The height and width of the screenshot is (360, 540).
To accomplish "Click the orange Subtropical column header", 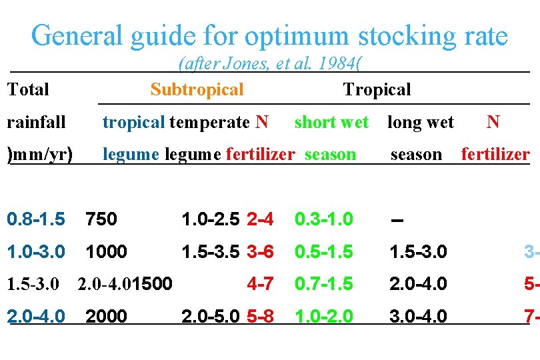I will click(197, 89).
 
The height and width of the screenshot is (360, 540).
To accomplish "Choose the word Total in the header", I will click(28, 89).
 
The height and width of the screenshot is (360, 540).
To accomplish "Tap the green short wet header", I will click(331, 122).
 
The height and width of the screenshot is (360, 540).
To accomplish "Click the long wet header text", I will click(421, 122).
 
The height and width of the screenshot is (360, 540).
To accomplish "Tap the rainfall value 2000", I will click(106, 315).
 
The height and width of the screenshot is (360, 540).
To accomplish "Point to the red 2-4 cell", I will click(260, 219).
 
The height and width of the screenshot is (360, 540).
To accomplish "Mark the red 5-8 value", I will click(260, 315).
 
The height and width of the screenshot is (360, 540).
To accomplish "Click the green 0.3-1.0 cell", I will click(325, 219).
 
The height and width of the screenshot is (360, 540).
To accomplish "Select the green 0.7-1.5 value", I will click(325, 284).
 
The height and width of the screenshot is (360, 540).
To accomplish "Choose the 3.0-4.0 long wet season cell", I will click(419, 315).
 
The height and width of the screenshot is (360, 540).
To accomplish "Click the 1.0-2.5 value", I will click(211, 219).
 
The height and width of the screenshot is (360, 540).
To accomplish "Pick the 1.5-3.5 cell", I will click(211, 251).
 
